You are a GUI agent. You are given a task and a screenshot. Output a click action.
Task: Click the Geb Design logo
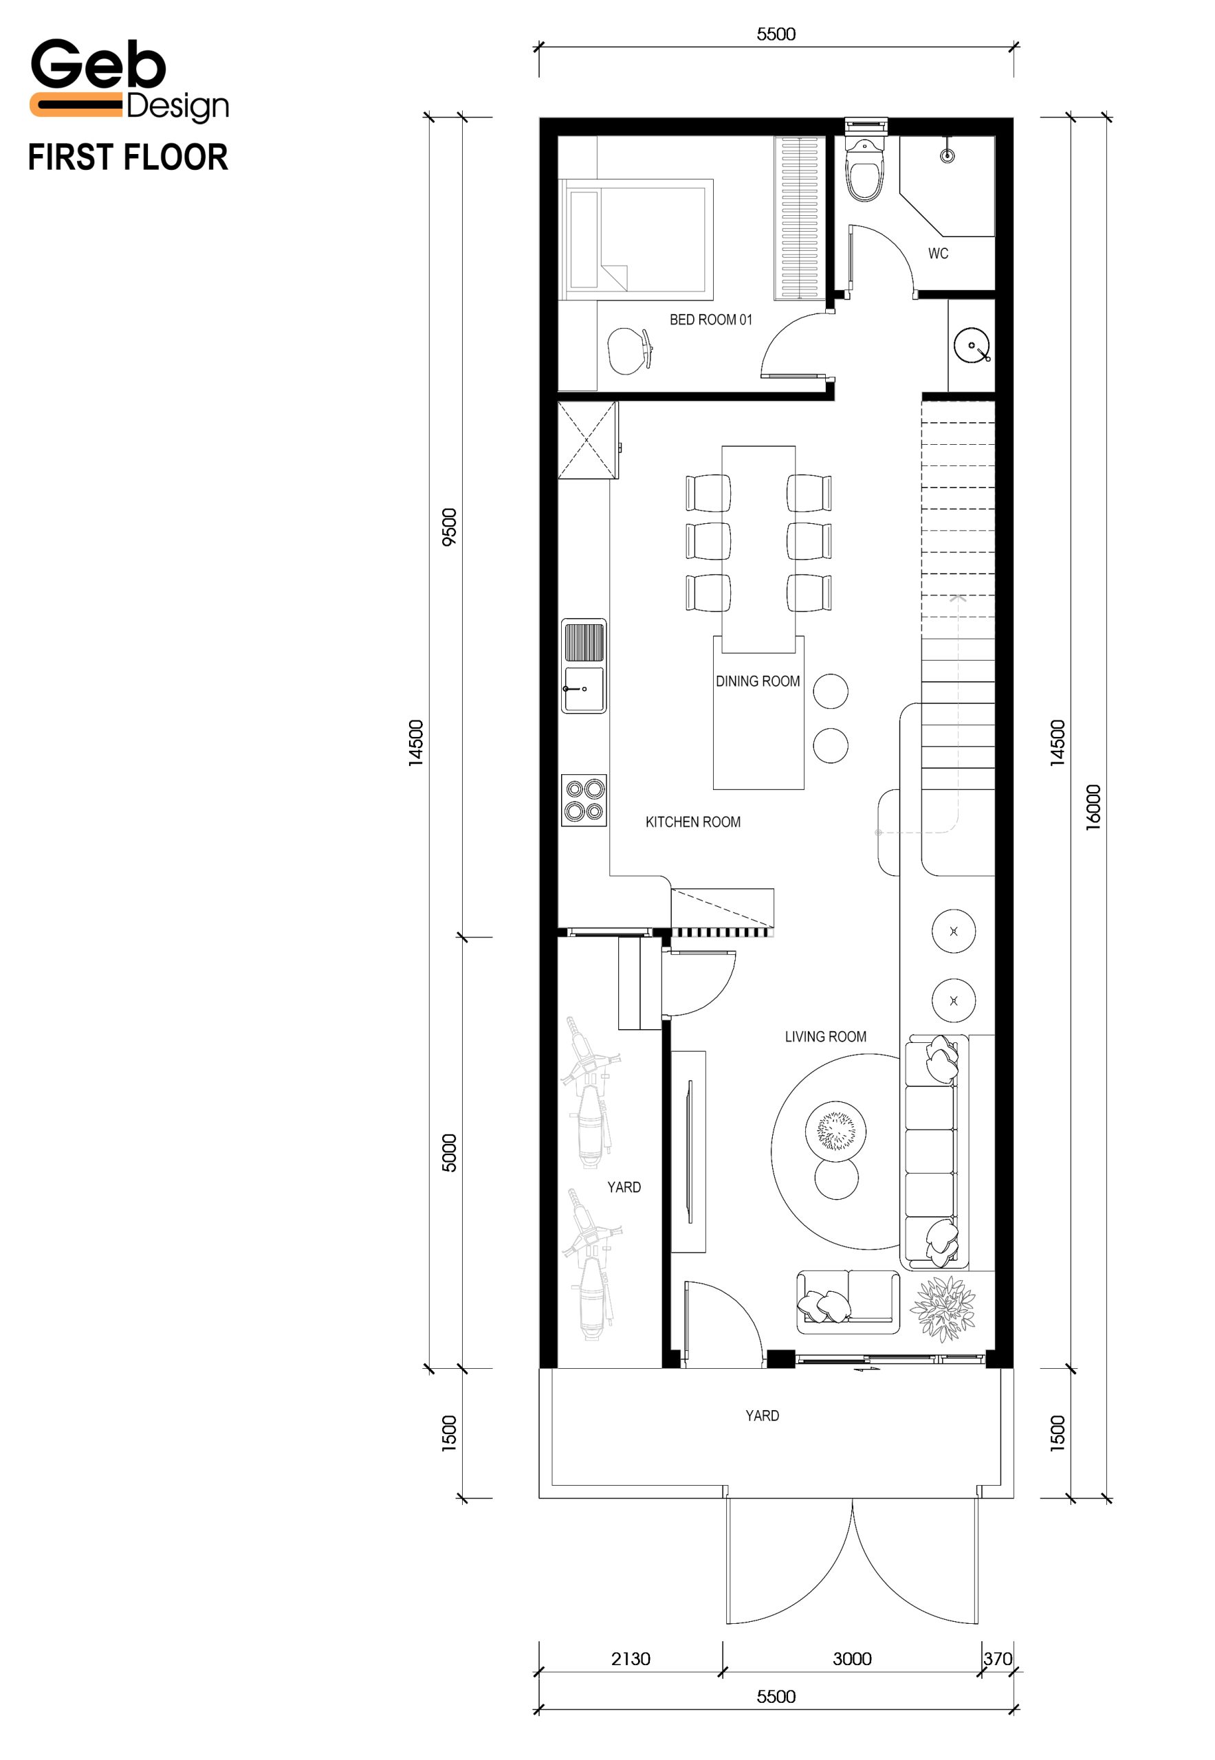coord(129,81)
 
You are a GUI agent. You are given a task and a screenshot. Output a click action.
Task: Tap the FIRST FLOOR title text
coord(128,157)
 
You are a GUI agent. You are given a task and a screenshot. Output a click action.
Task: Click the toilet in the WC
coord(866,169)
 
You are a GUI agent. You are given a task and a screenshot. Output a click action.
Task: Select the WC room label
coord(938,254)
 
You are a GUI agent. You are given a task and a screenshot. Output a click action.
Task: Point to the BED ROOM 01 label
coord(711,320)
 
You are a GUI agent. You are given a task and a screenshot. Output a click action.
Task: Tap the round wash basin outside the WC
coord(972,346)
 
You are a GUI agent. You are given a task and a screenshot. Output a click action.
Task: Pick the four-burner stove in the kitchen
coord(584,800)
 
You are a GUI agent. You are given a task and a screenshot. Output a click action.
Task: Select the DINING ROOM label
coord(758,681)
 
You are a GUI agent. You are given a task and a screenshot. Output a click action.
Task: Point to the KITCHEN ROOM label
coord(693,822)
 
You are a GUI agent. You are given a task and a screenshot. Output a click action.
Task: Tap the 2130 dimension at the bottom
coord(631,1659)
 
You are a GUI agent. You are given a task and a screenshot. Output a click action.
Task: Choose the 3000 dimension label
coord(852,1659)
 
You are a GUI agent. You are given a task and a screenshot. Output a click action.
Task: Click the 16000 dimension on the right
coord(1093,807)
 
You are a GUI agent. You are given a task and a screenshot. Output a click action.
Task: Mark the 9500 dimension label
coord(449,527)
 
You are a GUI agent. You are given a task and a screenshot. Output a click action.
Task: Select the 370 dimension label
coord(997,1659)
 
